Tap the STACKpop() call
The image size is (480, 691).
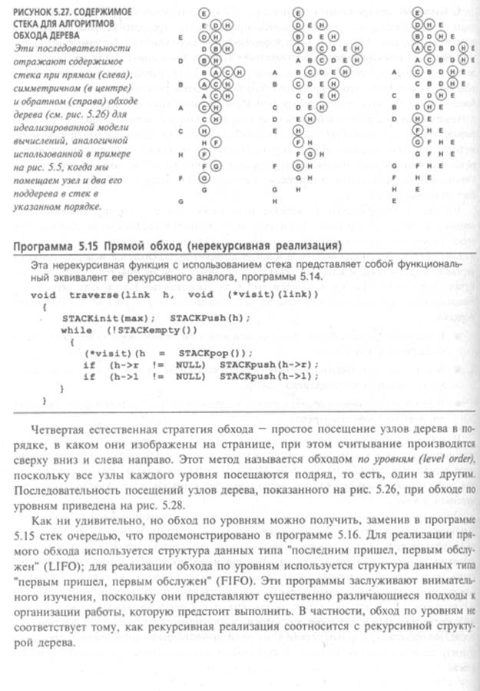(x=184, y=352)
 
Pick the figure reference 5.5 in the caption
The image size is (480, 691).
(x=59, y=165)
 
